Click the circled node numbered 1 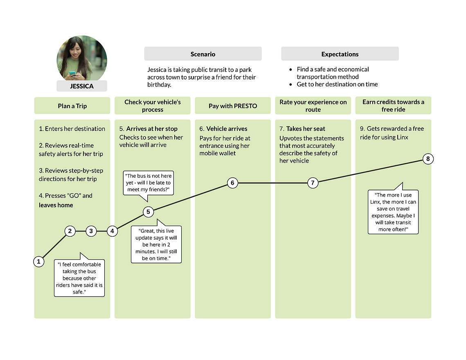click(38, 262)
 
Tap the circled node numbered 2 click(70, 231)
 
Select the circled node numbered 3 click(91, 231)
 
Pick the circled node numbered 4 click(112, 231)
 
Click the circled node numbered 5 click(148, 212)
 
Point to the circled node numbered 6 click(232, 183)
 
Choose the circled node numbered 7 click(313, 183)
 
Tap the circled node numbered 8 click(428, 159)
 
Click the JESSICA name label click(82, 86)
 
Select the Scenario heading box click(203, 54)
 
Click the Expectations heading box click(340, 54)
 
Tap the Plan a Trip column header click(72, 106)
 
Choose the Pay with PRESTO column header click(233, 106)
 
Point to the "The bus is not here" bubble click(148, 183)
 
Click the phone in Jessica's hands click(72, 73)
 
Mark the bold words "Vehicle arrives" click(227, 129)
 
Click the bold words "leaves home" click(56, 205)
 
